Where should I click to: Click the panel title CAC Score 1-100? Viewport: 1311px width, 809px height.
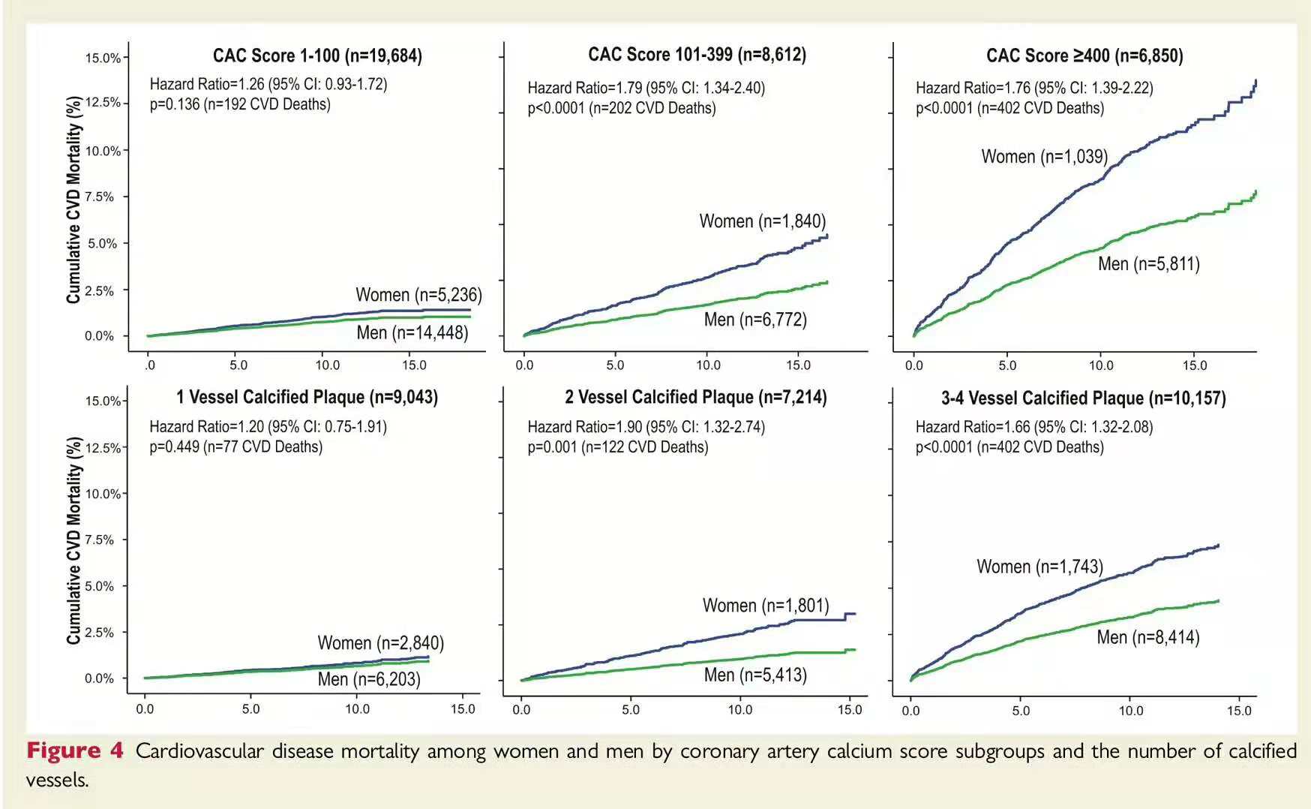(317, 56)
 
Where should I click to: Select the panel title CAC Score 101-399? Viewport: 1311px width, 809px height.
(697, 55)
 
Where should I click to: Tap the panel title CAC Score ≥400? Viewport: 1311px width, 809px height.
(1084, 56)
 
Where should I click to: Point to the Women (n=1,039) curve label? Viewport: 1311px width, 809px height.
(1044, 157)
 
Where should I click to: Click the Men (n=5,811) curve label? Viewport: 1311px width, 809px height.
(1148, 264)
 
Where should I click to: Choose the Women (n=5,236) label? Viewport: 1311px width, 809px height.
(418, 295)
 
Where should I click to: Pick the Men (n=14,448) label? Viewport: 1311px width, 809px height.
(412, 332)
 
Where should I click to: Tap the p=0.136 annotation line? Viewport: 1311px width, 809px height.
(240, 104)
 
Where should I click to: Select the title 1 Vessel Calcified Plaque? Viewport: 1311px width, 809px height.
(307, 397)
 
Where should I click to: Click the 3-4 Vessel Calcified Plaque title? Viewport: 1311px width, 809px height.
(1083, 398)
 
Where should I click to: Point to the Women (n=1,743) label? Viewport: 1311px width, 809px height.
(1039, 567)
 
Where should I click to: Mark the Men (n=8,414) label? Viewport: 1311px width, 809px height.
(1147, 638)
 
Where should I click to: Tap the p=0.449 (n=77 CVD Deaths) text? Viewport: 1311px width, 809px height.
(235, 447)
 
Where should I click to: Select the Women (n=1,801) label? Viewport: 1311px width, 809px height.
(766, 606)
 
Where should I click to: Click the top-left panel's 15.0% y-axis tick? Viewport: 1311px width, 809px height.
(103, 59)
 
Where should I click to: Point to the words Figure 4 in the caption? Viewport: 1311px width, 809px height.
(74, 751)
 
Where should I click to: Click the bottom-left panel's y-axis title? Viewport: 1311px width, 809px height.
(73, 540)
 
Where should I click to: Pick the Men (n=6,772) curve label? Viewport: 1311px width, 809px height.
(755, 320)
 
